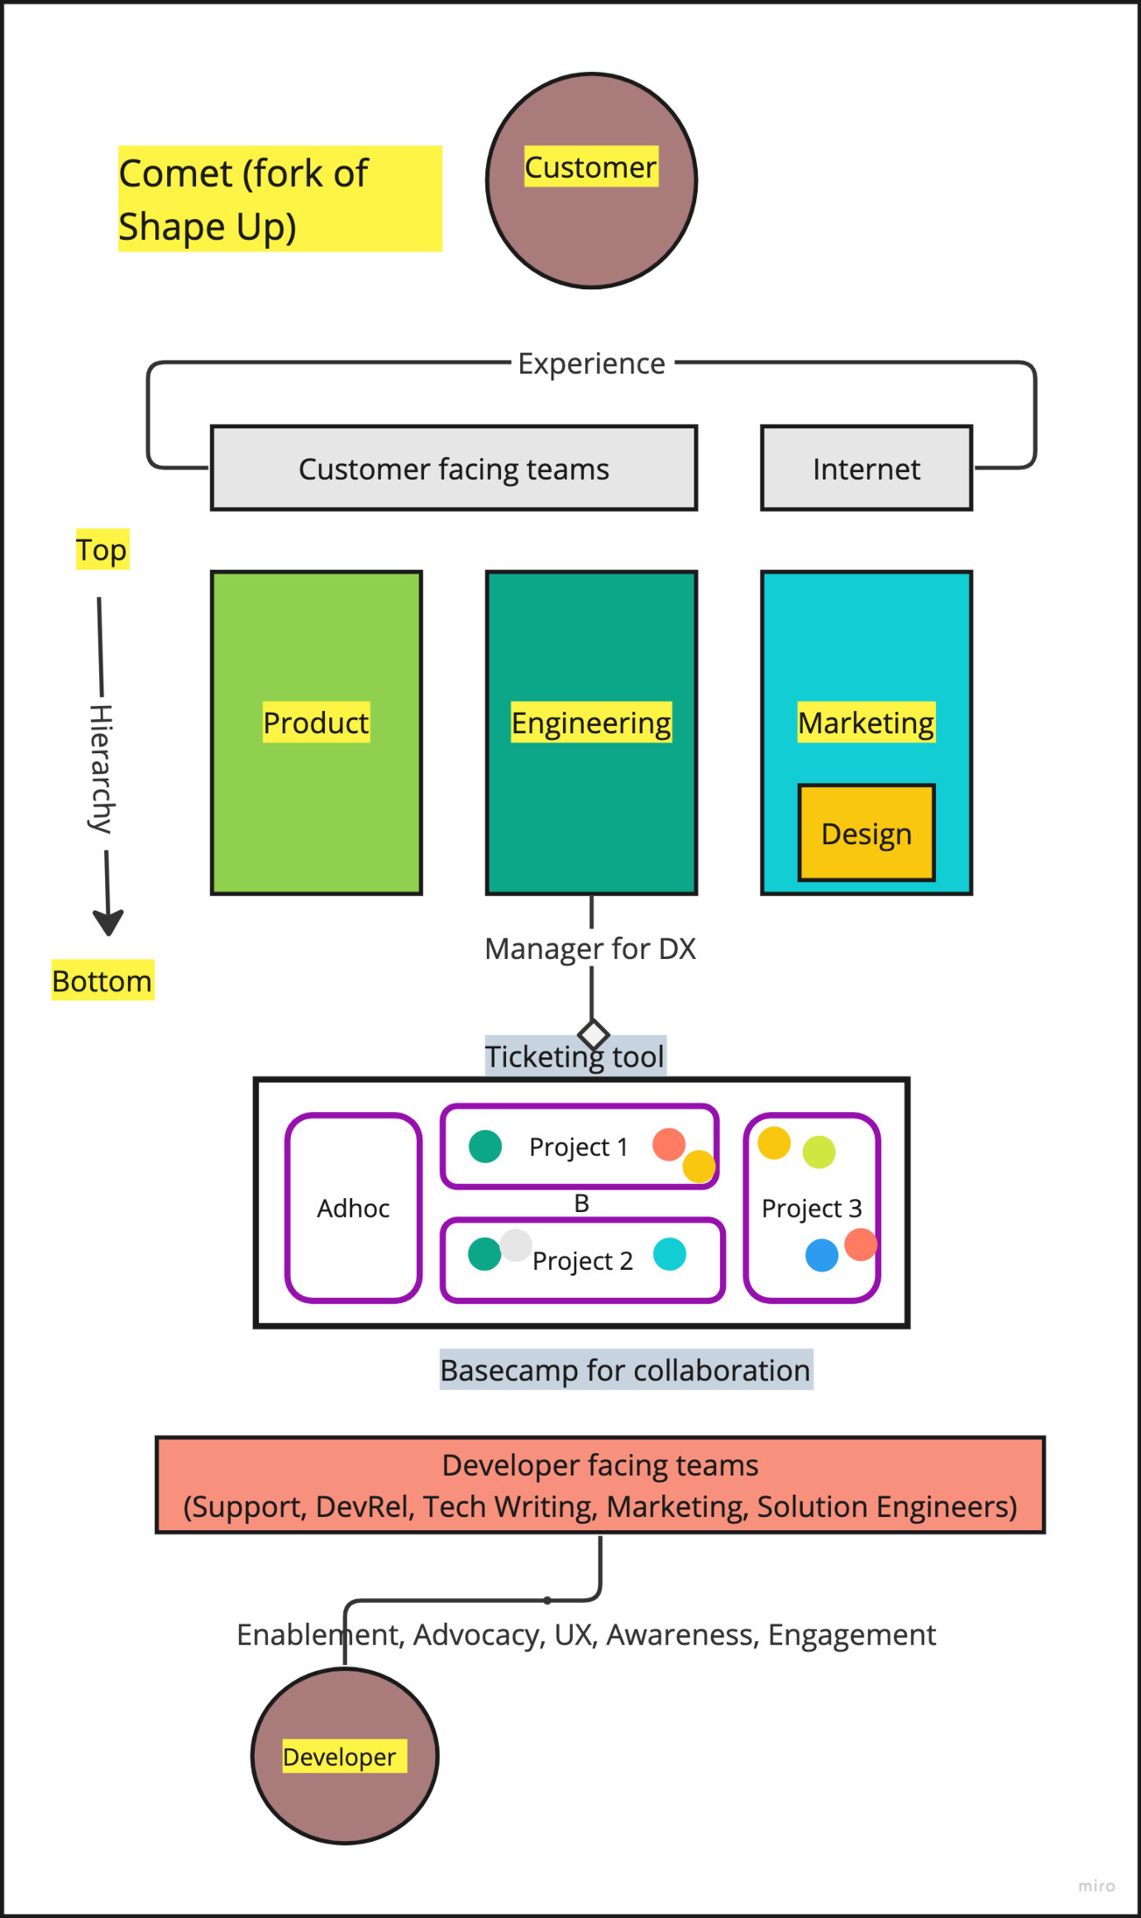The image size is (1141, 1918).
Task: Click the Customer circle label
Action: click(590, 166)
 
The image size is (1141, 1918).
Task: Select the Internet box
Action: click(866, 469)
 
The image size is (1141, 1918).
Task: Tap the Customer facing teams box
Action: click(454, 469)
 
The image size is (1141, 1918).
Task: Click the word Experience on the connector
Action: click(591, 363)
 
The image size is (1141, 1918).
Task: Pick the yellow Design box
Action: click(866, 833)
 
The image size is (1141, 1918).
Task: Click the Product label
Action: click(316, 723)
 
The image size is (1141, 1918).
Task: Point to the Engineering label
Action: click(591, 723)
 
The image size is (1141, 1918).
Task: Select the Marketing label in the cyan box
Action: click(866, 723)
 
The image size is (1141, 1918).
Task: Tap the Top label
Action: click(102, 550)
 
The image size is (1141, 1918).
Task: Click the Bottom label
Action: click(102, 981)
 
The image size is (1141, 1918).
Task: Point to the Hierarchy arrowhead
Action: click(109, 923)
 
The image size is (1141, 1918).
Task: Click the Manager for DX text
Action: click(590, 948)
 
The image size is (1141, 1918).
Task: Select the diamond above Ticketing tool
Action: click(594, 1034)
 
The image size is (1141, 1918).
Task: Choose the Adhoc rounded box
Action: click(354, 1208)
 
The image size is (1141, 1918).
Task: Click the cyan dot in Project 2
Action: click(670, 1254)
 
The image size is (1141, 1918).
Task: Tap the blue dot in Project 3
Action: click(821, 1255)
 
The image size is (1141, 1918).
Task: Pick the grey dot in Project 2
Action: click(517, 1245)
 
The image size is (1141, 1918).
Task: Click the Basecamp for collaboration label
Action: click(625, 1370)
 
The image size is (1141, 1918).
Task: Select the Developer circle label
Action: click(340, 1756)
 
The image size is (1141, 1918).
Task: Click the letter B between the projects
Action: click(581, 1203)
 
